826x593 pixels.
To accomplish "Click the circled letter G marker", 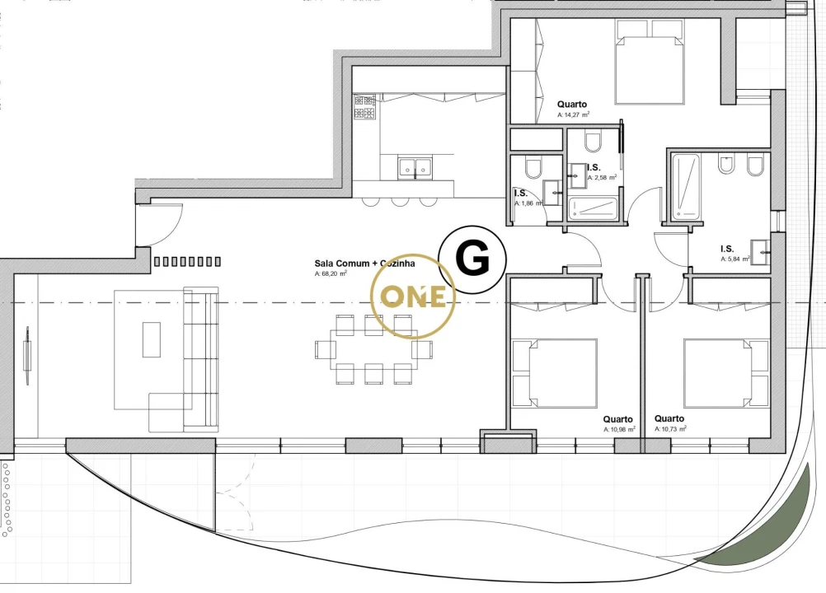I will click(x=473, y=260).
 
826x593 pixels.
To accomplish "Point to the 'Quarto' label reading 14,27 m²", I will click(x=572, y=105).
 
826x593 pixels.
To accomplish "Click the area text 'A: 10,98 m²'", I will click(x=619, y=430).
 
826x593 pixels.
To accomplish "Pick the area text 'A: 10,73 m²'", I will click(x=670, y=430).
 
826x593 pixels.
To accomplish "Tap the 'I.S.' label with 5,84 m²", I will click(x=727, y=248).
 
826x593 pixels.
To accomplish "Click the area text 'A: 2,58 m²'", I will click(x=602, y=177).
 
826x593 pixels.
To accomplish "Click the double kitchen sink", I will click(x=416, y=168).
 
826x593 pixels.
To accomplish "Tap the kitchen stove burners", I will click(x=365, y=107).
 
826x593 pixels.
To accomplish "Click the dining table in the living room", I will click(x=374, y=349).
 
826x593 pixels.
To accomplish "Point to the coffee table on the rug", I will click(x=152, y=339).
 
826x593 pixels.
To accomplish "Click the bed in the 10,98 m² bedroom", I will click(x=555, y=373).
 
